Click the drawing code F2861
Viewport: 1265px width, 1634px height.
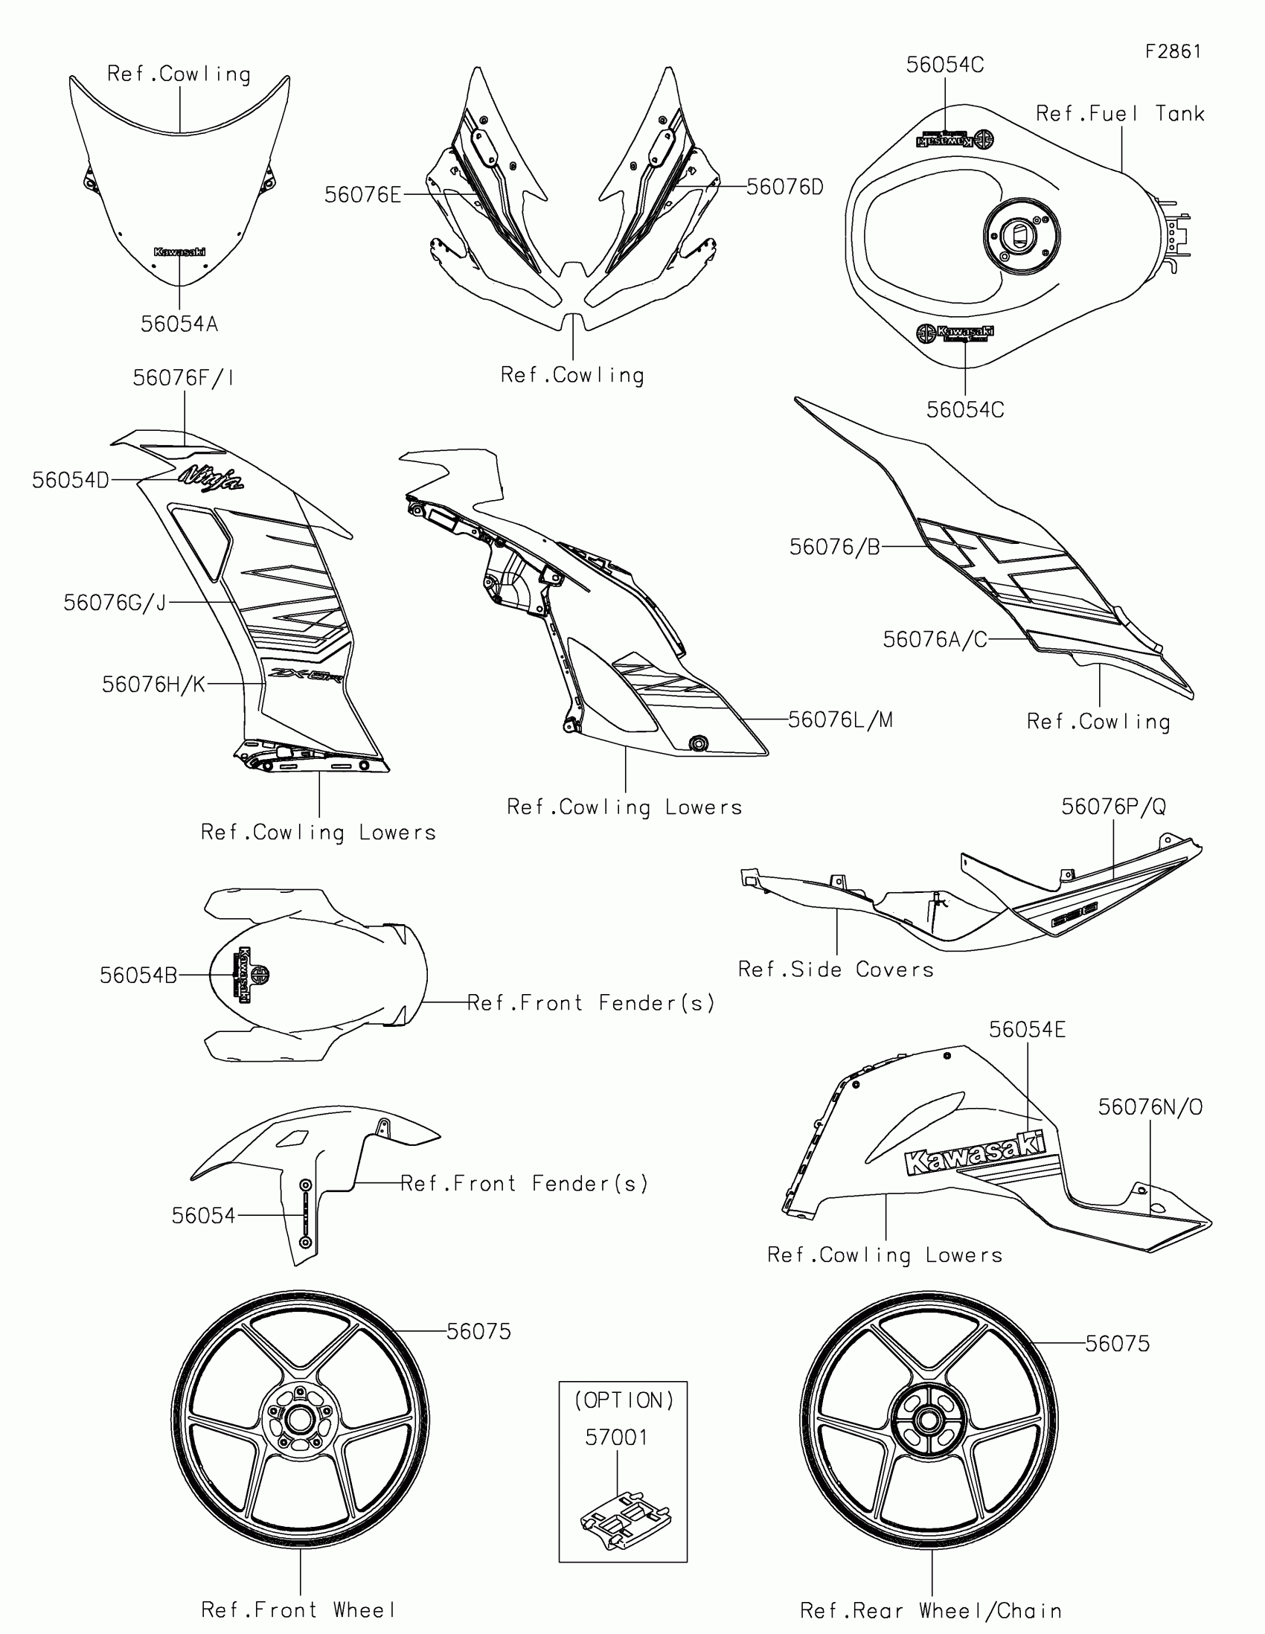(x=1172, y=51)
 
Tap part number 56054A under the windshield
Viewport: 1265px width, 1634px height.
(x=179, y=324)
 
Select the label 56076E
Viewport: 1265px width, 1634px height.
(x=363, y=195)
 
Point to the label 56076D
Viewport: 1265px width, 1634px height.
(x=785, y=187)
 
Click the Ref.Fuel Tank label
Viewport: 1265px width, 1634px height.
(x=1120, y=114)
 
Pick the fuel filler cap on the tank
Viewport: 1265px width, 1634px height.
(x=1022, y=236)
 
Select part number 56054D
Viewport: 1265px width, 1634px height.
(x=71, y=481)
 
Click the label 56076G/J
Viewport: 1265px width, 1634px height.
(x=115, y=602)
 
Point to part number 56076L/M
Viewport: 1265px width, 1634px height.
(x=840, y=720)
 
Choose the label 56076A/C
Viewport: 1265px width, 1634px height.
(x=935, y=640)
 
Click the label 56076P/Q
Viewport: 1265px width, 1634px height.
(x=1113, y=807)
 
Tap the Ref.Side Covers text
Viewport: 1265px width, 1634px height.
(x=836, y=970)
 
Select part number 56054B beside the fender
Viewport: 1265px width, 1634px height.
(x=138, y=975)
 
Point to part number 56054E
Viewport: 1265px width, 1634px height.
(x=1027, y=1030)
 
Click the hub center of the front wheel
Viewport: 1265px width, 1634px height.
(x=300, y=1418)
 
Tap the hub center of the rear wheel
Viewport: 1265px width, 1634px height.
(x=929, y=1418)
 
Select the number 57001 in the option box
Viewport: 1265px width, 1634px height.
(x=616, y=1438)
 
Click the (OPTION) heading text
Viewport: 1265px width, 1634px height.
(x=624, y=1400)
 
